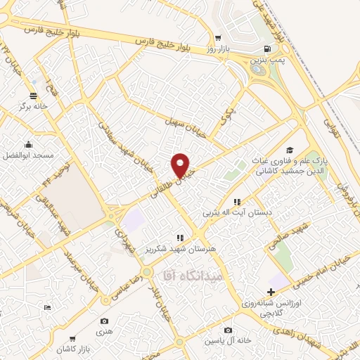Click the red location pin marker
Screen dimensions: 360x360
tap(181, 165)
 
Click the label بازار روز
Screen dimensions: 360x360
tap(219, 49)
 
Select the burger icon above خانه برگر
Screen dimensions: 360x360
tap(33, 96)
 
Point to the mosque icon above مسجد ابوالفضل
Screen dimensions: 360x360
tap(28, 143)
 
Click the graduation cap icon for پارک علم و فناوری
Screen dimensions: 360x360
tap(289, 150)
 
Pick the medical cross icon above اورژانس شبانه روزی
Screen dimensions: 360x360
tap(271, 291)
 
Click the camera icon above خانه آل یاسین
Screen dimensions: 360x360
tap(228, 330)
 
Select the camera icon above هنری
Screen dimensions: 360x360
tap(104, 320)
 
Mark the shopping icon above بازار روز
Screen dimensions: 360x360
tap(219, 38)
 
